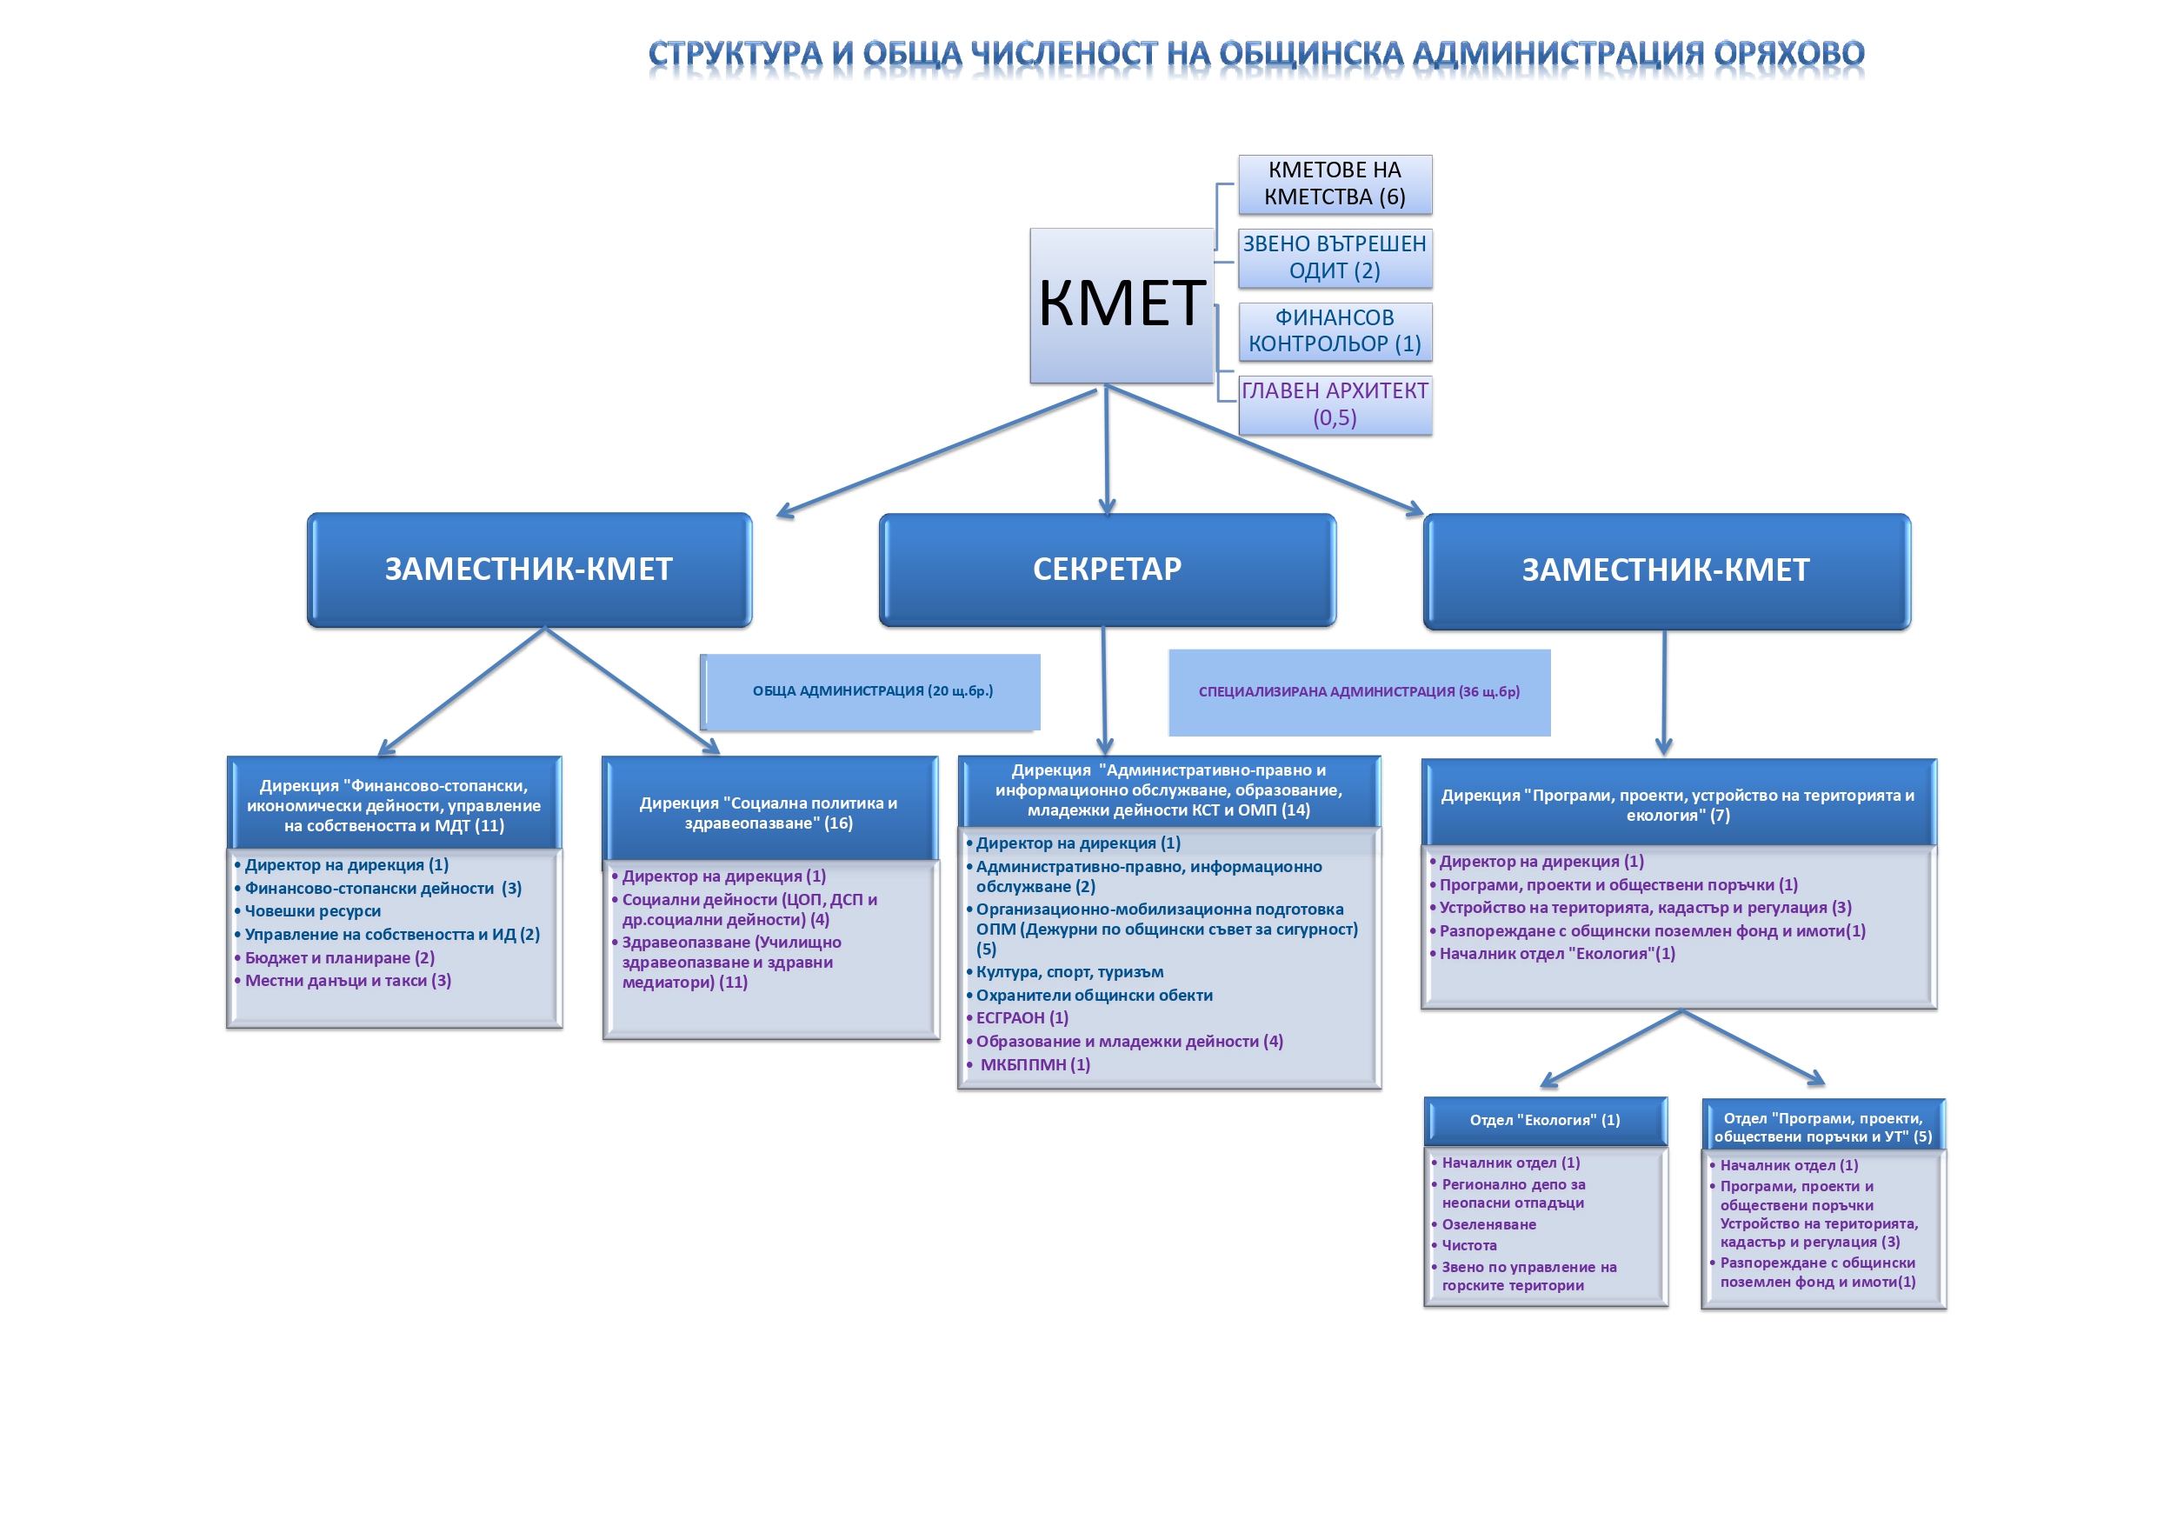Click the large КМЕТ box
(x=1121, y=304)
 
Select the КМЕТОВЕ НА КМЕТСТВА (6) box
(x=1334, y=184)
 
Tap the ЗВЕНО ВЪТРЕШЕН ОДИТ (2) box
(x=1334, y=257)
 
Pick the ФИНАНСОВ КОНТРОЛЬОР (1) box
(x=1334, y=330)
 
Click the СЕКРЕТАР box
(x=1107, y=570)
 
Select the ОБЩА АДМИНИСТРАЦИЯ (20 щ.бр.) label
(x=872, y=691)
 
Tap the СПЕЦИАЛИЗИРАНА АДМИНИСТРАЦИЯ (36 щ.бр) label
(x=1359, y=692)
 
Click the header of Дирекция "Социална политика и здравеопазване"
(x=769, y=813)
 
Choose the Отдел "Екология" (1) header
(x=1544, y=1120)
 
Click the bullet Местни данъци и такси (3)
(x=348, y=981)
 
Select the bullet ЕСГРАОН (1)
(x=1022, y=1017)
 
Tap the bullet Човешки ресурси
(x=313, y=911)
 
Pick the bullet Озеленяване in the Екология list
(x=1489, y=1224)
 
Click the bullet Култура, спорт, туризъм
(x=1069, y=971)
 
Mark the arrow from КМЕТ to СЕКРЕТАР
(x=1107, y=451)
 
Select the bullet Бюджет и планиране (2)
(x=339, y=957)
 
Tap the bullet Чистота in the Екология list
(x=1469, y=1245)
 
